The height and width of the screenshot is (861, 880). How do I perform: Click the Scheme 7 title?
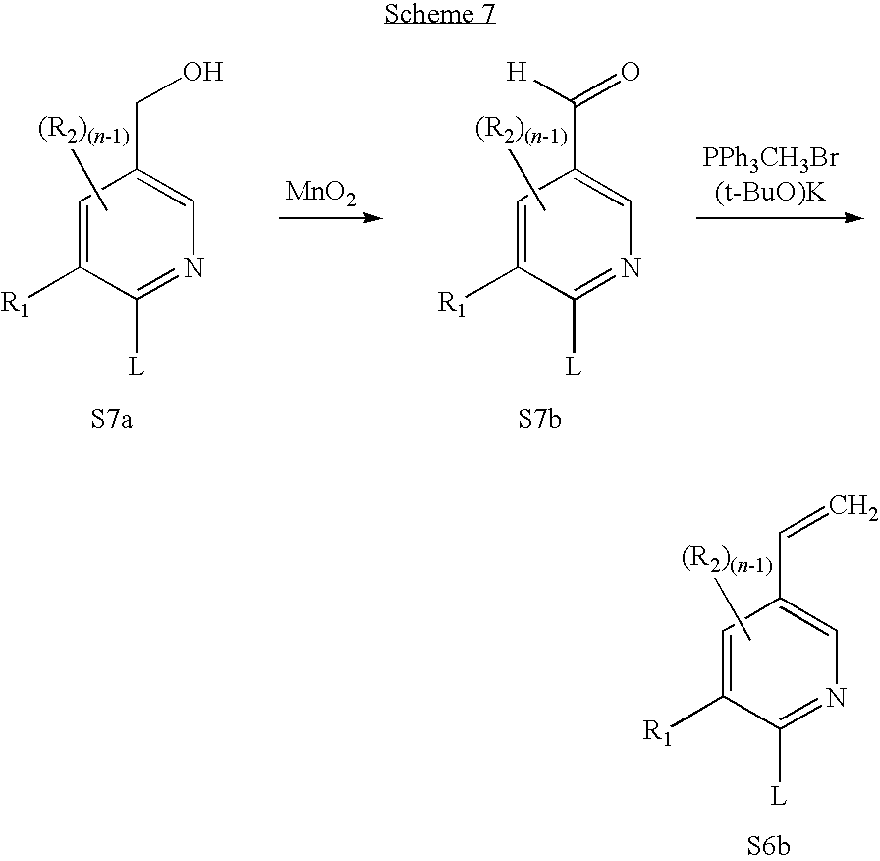pos(439,16)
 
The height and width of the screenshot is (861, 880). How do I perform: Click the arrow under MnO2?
pos(330,217)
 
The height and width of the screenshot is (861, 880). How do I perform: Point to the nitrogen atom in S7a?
pos(193,265)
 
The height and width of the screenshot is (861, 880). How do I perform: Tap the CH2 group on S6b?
pos(852,505)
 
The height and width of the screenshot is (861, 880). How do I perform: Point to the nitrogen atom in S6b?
pos(836,698)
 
